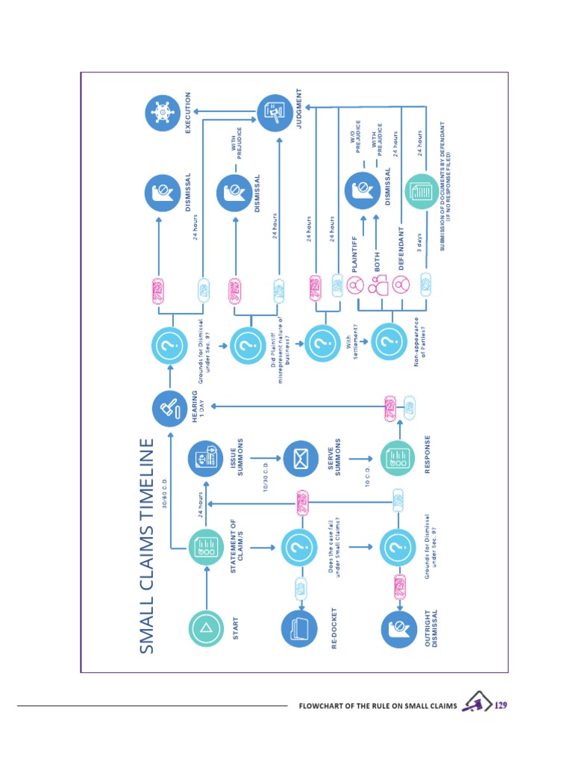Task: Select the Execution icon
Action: pyautogui.click(x=160, y=113)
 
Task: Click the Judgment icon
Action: pyautogui.click(x=273, y=113)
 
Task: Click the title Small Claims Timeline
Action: pyautogui.click(x=148, y=546)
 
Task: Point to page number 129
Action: pyautogui.click(x=501, y=704)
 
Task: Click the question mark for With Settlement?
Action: pyautogui.click(x=320, y=343)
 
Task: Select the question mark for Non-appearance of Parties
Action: pyautogui.click(x=386, y=343)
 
